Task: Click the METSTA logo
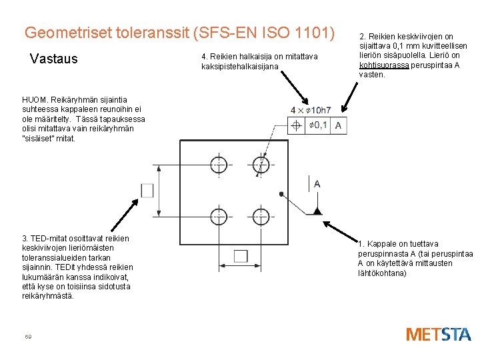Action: (x=438, y=334)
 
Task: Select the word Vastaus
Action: (x=54, y=59)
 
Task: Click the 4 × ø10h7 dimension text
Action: (x=311, y=110)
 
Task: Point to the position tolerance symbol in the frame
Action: (x=296, y=125)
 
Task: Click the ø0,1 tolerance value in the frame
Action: (x=319, y=125)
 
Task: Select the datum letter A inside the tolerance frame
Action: (x=339, y=125)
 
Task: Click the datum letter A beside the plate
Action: (x=317, y=184)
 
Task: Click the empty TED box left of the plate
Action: (x=147, y=190)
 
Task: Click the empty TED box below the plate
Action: (x=241, y=256)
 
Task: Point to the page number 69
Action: (x=27, y=336)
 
